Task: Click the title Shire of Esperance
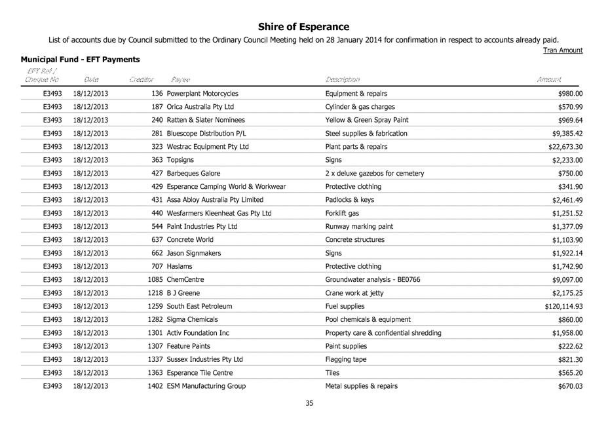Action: pos(303,27)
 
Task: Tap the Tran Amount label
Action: pos(563,50)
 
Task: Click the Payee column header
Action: pos(181,79)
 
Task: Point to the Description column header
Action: pos(342,79)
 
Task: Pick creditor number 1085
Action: pos(156,279)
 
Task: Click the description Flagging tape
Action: pos(347,359)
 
